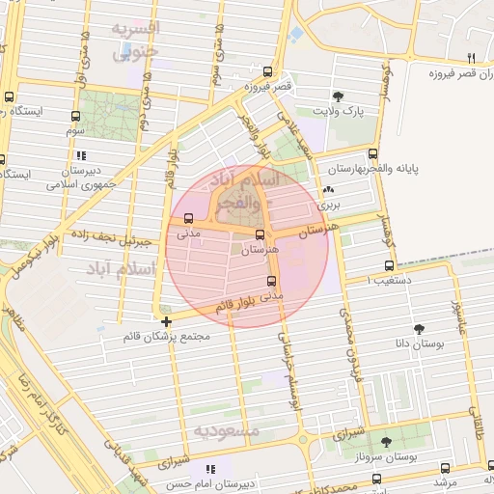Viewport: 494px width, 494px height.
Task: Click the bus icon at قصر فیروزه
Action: point(267,71)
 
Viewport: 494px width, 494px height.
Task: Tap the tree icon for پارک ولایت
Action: point(339,96)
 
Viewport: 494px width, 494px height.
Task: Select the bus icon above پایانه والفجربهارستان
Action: point(373,153)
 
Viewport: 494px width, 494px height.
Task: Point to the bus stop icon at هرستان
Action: point(260,234)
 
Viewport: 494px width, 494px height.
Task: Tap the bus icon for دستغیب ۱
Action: point(389,265)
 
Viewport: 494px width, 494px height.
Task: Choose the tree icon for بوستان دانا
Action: point(419,329)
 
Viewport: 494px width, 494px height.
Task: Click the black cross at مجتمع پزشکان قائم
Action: point(167,321)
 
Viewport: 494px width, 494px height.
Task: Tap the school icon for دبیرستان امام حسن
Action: point(211,469)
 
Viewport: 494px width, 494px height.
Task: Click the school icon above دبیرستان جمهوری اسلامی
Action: point(82,154)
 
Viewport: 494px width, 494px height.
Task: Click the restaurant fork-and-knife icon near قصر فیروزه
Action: point(471,57)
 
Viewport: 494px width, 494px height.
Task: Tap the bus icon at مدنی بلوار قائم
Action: point(270,282)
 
